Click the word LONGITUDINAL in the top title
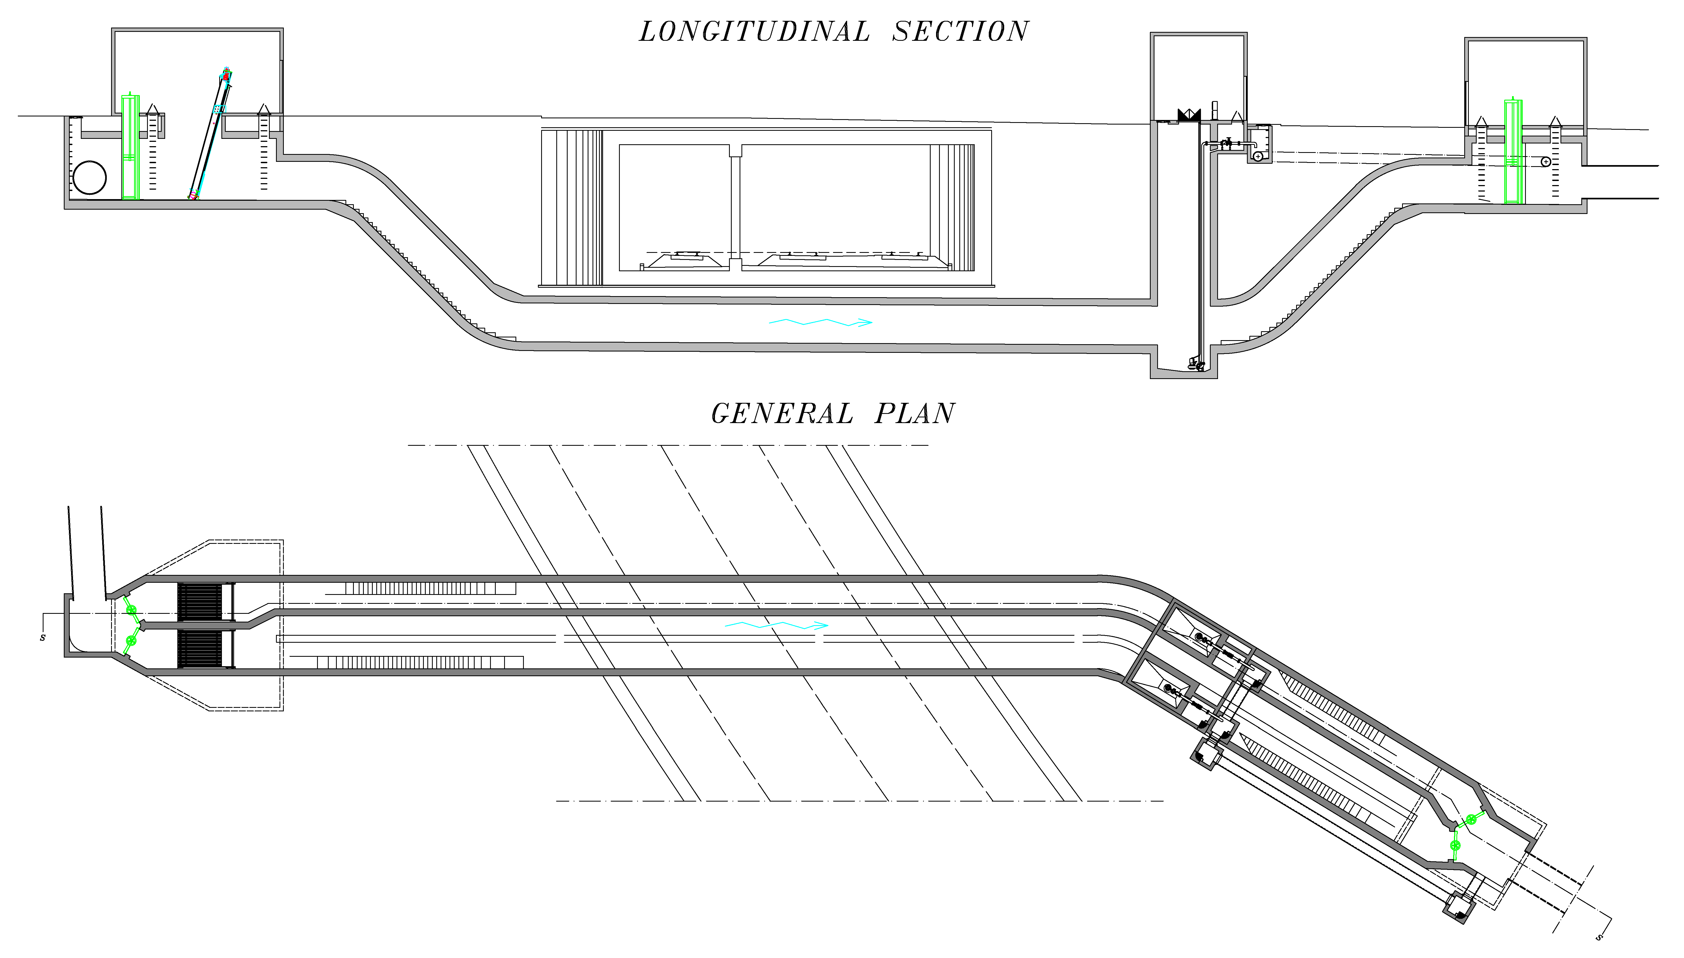(x=754, y=32)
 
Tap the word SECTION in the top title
(x=960, y=32)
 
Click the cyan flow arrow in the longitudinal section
(x=820, y=322)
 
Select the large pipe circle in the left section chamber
(x=89, y=177)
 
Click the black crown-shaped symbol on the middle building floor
(x=1189, y=115)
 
